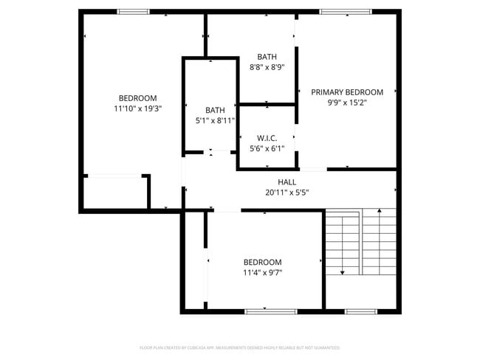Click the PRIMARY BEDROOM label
point(347,92)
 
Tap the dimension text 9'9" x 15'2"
point(347,103)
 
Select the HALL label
point(287,182)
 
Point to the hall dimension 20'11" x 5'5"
point(287,193)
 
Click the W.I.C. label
point(267,138)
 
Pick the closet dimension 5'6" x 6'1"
point(267,148)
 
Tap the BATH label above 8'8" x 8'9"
point(267,57)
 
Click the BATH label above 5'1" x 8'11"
point(215,111)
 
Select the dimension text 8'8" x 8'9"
point(267,67)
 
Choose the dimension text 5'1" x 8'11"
point(215,121)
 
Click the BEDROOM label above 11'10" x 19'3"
point(138,98)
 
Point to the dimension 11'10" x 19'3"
point(138,108)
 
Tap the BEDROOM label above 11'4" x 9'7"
point(263,263)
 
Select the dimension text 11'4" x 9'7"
point(263,273)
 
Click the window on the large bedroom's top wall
point(134,12)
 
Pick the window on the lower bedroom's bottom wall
point(266,311)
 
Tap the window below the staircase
point(362,311)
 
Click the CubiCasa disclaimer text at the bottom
point(240,347)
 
